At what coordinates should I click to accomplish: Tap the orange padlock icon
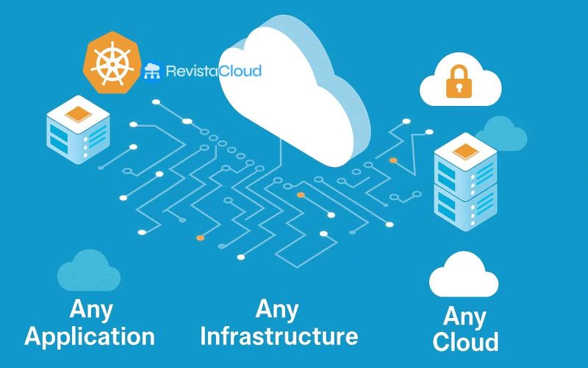click(x=456, y=87)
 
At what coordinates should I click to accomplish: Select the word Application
click(x=90, y=336)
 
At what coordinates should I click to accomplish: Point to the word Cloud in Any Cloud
click(x=465, y=342)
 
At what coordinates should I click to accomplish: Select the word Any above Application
click(x=90, y=309)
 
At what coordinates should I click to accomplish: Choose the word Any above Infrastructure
click(x=277, y=308)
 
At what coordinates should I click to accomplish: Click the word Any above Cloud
click(x=465, y=317)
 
